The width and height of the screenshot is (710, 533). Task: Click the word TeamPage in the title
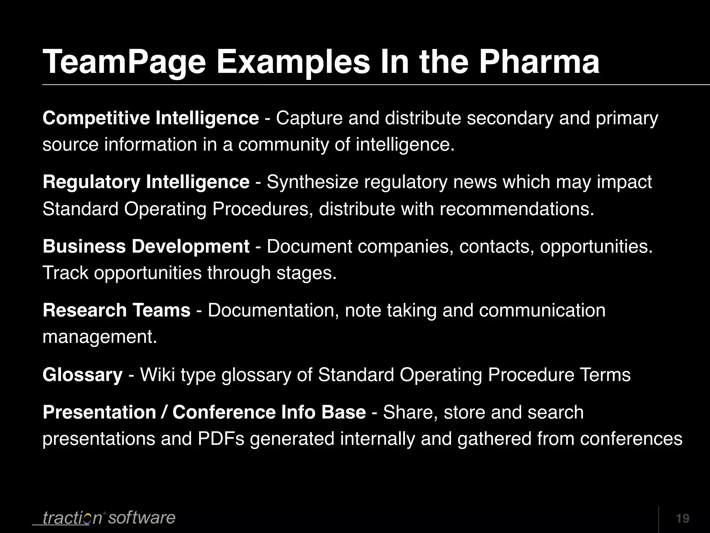click(x=124, y=62)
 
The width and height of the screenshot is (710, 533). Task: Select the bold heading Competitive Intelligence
click(x=151, y=118)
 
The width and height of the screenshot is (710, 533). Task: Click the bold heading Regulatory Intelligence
click(x=146, y=182)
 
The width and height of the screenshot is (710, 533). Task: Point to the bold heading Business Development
click(x=146, y=246)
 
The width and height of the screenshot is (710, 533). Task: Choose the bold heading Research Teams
click(x=116, y=310)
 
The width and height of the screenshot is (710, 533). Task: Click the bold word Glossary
click(x=83, y=375)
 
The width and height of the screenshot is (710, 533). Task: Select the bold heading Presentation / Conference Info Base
click(x=204, y=412)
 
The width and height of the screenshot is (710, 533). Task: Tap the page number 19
click(x=682, y=518)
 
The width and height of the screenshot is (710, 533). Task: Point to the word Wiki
click(x=157, y=375)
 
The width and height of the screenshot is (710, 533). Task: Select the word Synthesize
click(x=312, y=182)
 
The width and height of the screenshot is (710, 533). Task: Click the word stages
click(x=306, y=273)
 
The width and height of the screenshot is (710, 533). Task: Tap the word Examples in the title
click(x=293, y=62)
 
